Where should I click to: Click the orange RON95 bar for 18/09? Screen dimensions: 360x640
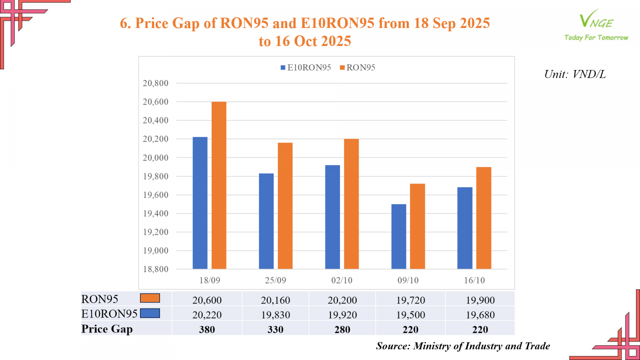[219, 185]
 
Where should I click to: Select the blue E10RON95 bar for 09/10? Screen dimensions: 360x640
[398, 236]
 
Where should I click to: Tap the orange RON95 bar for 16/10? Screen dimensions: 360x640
[484, 218]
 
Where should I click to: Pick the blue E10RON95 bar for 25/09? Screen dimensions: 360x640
[266, 221]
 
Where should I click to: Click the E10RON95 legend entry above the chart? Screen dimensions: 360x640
[306, 68]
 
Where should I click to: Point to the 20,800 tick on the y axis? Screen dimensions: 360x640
[156, 83]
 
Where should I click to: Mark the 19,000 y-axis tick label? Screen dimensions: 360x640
[156, 250]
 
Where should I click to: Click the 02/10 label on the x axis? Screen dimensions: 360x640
[342, 280]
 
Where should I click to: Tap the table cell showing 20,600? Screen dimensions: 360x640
[207, 300]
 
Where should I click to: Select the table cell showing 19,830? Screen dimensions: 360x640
[276, 315]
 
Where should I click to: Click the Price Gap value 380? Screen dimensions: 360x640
[207, 330]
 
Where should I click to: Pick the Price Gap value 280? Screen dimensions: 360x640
[342, 330]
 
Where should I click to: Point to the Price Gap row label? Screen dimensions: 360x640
[107, 329]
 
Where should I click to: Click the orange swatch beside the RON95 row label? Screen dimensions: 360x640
[150, 298]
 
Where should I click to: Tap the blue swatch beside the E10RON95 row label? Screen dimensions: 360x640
[150, 313]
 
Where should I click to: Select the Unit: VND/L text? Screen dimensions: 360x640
[575, 74]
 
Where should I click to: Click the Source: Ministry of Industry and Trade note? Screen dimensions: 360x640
[463, 346]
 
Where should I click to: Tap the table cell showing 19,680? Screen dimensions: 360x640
[480, 315]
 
